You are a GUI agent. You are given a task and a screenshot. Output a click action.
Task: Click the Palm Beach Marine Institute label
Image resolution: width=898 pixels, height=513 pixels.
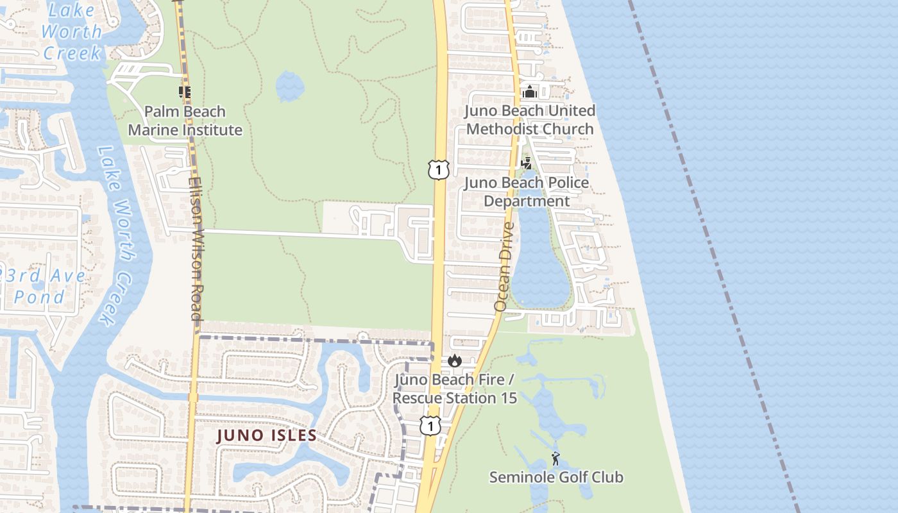185,121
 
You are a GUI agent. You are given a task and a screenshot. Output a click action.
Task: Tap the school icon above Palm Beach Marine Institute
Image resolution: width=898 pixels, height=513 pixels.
185,92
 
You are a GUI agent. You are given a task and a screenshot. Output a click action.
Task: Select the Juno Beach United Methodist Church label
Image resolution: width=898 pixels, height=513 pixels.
530,120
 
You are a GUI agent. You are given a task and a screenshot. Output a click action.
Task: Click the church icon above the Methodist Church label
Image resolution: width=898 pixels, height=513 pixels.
529,92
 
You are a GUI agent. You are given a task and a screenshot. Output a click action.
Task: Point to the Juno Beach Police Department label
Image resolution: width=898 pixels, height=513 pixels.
527,192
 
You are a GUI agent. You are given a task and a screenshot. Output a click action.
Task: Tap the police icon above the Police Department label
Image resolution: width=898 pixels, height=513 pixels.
527,164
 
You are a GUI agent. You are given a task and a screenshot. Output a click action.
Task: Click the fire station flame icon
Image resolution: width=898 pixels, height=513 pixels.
455,361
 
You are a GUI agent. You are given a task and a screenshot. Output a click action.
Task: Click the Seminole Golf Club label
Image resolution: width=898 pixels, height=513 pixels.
556,477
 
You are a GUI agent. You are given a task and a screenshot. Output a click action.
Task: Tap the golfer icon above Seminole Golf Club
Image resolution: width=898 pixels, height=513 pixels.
555,458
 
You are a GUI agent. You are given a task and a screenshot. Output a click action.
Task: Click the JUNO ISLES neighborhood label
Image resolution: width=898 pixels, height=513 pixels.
267,436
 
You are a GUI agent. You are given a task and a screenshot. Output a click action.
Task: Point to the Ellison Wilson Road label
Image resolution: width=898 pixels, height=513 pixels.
196,249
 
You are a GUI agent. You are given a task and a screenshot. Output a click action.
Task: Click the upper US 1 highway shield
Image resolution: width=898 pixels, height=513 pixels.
438,170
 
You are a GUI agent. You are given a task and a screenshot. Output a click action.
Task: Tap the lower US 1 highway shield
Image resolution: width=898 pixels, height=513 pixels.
430,425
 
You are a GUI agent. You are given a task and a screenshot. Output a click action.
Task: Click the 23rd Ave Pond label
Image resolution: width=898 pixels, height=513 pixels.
45,286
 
